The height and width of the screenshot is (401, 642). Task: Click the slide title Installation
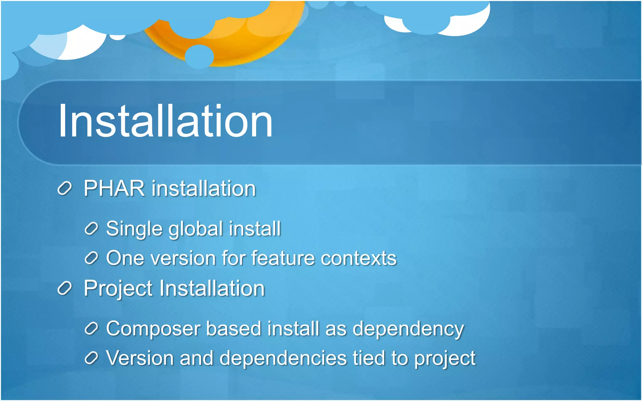[165, 121]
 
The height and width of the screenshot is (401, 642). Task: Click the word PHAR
[114, 189]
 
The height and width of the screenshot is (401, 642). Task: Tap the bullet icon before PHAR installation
[65, 189]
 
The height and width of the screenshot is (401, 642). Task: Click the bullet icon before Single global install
[92, 229]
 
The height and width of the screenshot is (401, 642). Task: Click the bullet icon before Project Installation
[65, 288]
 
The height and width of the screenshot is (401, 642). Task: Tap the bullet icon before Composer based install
[92, 329]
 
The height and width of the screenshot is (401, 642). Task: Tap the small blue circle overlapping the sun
[199, 56]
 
